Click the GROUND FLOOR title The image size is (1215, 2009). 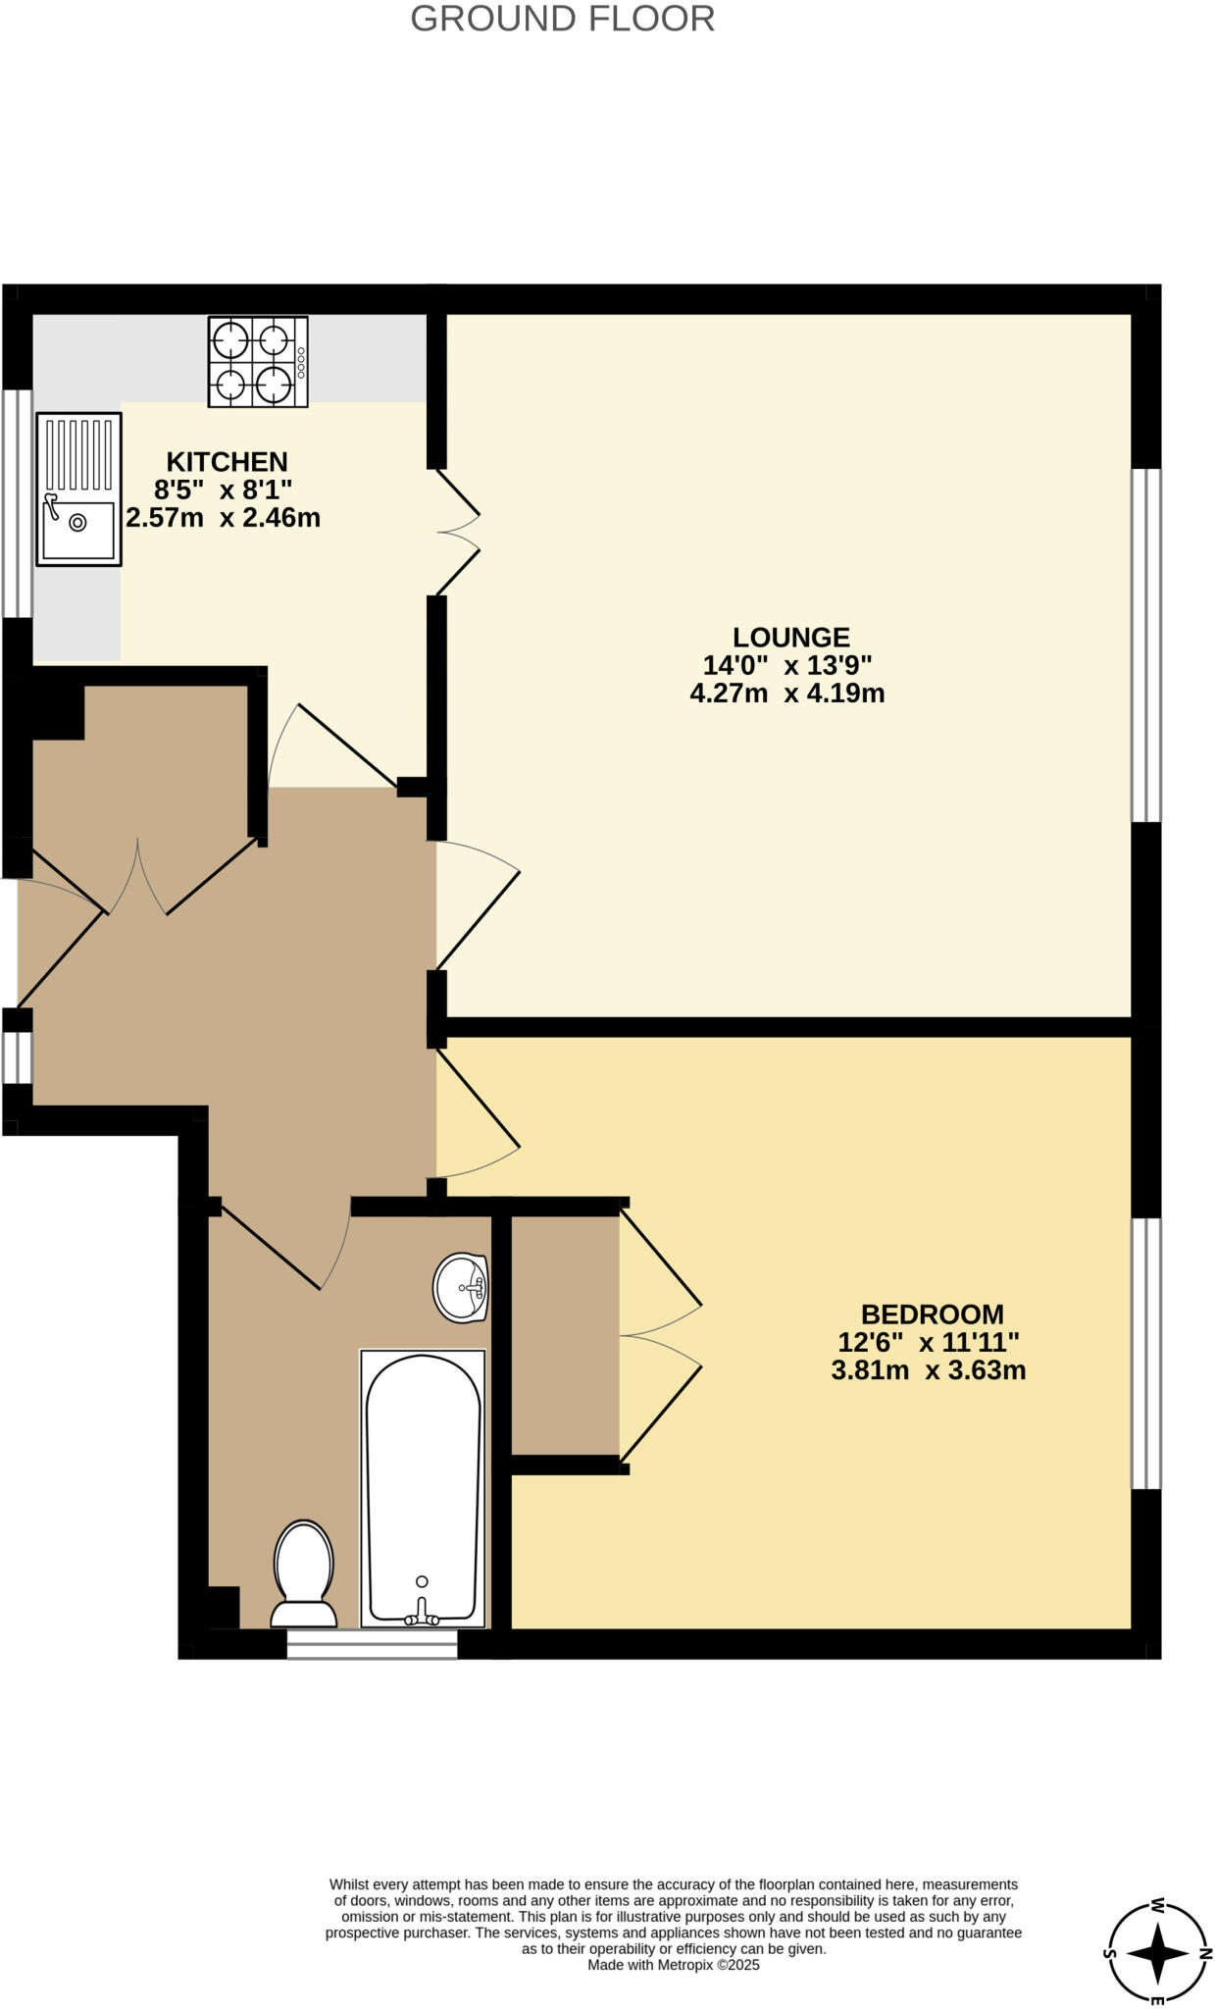tap(562, 19)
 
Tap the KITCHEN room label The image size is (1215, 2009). tap(227, 462)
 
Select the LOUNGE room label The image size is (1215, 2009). tap(790, 638)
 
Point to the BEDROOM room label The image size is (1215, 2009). tap(932, 1314)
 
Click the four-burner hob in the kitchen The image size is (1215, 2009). tap(257, 361)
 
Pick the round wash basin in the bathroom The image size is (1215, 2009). tap(461, 1286)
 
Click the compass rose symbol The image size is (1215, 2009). tap(1157, 1953)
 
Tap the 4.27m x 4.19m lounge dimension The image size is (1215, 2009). tap(787, 695)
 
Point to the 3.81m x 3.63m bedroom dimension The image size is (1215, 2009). tap(928, 1370)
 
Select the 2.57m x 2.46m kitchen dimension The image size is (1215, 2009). tap(224, 518)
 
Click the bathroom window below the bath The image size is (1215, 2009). tap(372, 1645)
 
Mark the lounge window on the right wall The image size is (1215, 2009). tap(1146, 644)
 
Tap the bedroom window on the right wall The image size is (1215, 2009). tap(1146, 1353)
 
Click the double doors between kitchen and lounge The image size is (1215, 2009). tap(457, 532)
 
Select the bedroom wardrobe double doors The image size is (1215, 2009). tap(659, 1336)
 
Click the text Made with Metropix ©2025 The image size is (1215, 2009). tap(673, 1965)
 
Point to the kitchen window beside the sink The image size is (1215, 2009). tap(18, 503)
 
